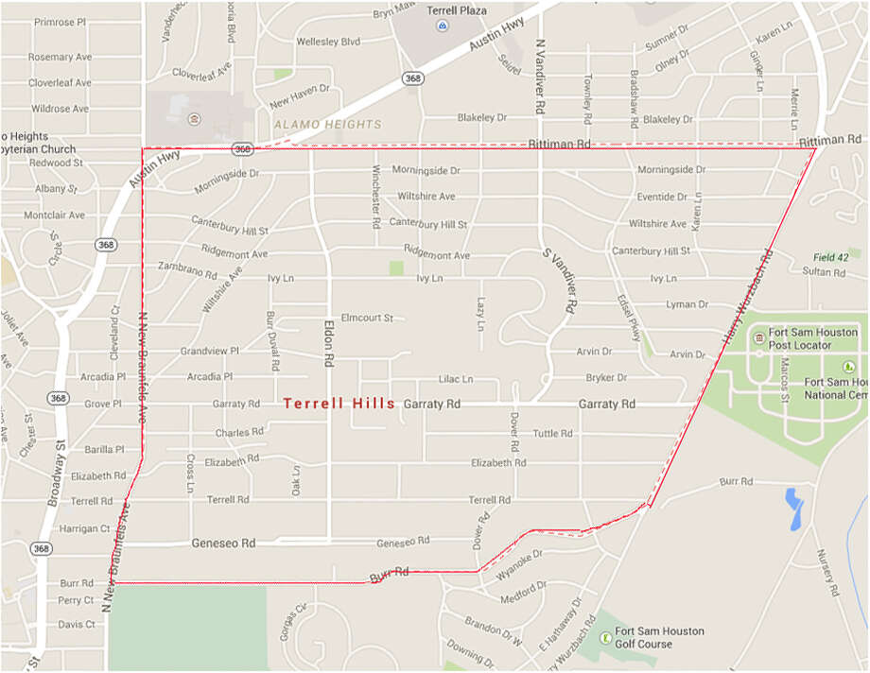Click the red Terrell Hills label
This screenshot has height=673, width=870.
coord(339,404)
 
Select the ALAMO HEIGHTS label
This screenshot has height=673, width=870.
coord(327,124)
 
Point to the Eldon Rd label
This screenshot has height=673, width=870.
coord(330,340)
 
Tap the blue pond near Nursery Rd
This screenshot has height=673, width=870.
coord(793,508)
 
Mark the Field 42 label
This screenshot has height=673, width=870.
coord(832,257)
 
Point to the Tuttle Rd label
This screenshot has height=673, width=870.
coord(552,434)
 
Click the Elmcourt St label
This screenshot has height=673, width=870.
coord(366,318)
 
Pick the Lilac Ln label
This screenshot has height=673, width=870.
coord(455,379)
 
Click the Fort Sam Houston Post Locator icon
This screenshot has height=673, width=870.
coord(758,338)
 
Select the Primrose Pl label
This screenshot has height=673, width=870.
coord(60,22)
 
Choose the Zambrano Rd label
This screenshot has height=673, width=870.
coord(187,270)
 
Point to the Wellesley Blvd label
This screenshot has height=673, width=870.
coord(328,42)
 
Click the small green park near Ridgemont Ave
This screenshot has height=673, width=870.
coord(396,267)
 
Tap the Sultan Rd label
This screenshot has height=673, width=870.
coord(824,272)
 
